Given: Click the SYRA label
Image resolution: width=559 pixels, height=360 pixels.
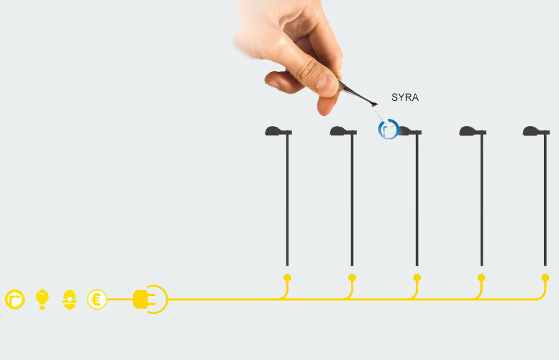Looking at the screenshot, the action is (405, 97).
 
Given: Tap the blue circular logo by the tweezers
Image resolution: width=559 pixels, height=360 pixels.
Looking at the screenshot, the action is (388, 129).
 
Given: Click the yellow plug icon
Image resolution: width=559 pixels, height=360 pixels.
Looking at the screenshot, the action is (150, 300).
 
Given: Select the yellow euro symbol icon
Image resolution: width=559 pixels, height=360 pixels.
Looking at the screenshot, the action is (97, 300).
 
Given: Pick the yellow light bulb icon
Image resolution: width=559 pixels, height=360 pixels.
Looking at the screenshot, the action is (42, 300).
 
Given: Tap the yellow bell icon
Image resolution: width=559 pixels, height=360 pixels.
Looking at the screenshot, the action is (70, 300).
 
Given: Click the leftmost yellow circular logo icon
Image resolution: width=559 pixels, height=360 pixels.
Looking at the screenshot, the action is (14, 300).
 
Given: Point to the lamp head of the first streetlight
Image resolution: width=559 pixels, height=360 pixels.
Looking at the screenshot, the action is (278, 131).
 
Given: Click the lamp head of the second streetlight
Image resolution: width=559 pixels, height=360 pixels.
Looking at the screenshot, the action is (343, 131).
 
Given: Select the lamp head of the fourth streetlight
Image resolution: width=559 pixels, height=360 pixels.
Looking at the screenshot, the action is (473, 131).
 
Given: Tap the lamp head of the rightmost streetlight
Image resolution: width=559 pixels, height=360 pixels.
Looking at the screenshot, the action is (536, 131).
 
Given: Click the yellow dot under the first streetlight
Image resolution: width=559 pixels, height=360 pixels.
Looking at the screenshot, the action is (287, 278).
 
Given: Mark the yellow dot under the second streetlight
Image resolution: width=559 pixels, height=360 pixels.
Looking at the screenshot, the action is (353, 278).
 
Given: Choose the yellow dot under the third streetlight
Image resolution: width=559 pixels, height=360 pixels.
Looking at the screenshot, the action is (417, 278).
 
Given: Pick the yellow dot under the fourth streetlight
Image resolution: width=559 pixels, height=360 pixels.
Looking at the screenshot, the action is (481, 278).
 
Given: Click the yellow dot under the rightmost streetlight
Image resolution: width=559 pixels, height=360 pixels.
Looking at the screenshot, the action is (545, 278).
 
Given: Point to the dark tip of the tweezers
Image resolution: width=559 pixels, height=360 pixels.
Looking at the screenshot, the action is (374, 104).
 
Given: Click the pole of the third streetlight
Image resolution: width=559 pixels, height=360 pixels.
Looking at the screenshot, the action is (417, 200).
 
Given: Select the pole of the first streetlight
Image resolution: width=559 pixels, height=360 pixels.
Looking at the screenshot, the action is (287, 200).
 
